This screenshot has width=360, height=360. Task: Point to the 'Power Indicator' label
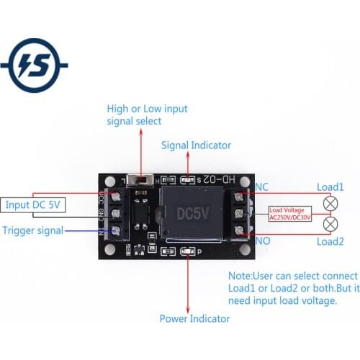point(194,318)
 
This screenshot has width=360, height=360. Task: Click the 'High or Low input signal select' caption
point(147,115)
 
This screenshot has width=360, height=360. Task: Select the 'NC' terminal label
point(263,186)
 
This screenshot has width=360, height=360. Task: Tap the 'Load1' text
point(331,186)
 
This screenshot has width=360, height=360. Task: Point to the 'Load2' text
point(331,242)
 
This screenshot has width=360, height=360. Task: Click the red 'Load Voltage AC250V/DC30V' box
point(290,215)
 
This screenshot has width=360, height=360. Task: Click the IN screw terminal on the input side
point(116,231)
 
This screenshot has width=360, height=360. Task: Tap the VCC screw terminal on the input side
point(116,196)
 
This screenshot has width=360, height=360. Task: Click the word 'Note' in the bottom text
point(240,276)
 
